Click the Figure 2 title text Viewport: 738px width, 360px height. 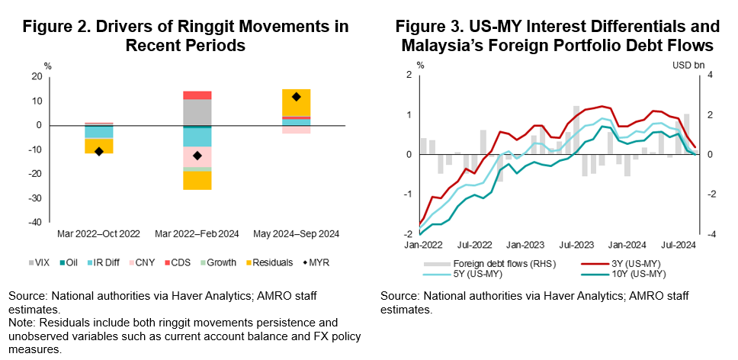tap(185, 36)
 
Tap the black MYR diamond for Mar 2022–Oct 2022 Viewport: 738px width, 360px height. tap(98, 151)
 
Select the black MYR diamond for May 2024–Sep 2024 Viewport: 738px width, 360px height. tap(296, 97)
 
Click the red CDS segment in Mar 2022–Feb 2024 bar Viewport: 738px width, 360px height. tap(197, 95)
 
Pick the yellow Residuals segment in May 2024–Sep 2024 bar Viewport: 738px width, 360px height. tap(296, 102)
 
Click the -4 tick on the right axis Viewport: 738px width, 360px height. tap(710, 234)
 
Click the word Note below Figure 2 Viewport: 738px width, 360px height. tap(21, 322)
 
